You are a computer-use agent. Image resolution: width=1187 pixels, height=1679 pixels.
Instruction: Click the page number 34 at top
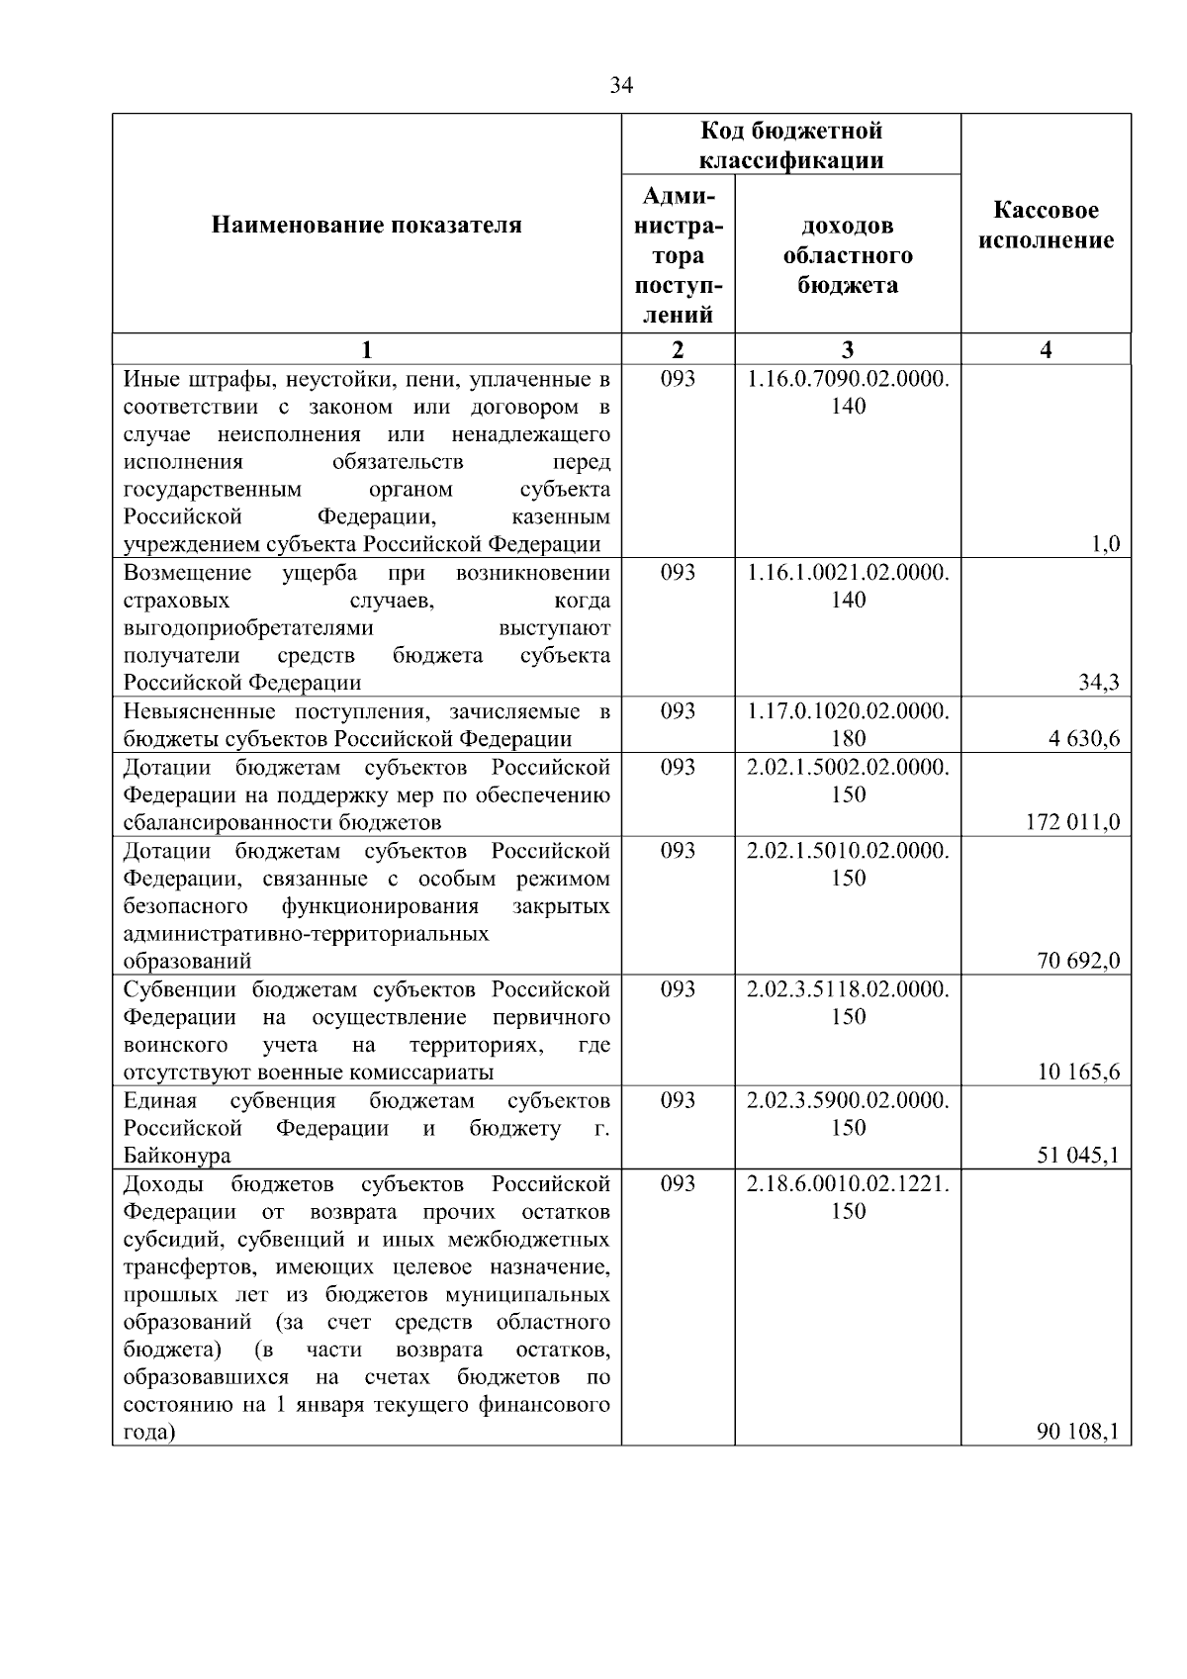pyautogui.click(x=621, y=86)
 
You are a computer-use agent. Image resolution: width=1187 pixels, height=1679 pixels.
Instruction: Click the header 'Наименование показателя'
pyautogui.click(x=366, y=226)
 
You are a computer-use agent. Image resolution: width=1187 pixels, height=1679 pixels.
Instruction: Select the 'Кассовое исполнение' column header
pyautogui.click(x=1046, y=226)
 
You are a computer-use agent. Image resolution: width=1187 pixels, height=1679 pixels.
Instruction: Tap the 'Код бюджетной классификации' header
pyautogui.click(x=791, y=144)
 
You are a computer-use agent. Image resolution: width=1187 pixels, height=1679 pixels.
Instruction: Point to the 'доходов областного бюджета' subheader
pyautogui.click(x=848, y=255)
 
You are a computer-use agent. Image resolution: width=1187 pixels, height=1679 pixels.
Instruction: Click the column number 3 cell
pyautogui.click(x=848, y=349)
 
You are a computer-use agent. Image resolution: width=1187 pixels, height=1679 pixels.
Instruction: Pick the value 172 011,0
pyautogui.click(x=1073, y=822)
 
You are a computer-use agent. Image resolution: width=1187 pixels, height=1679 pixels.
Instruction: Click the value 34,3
pyautogui.click(x=1100, y=683)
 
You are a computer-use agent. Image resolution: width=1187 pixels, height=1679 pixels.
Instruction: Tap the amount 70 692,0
pyautogui.click(x=1079, y=961)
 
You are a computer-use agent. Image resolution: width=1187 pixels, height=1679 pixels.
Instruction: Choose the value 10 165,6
pyautogui.click(x=1079, y=1073)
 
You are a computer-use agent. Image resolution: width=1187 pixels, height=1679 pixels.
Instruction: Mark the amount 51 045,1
pyautogui.click(x=1079, y=1156)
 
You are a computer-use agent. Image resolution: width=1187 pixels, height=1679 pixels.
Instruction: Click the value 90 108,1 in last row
pyautogui.click(x=1079, y=1433)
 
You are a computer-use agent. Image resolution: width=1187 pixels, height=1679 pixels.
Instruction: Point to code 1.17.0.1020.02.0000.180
pyautogui.click(x=848, y=724)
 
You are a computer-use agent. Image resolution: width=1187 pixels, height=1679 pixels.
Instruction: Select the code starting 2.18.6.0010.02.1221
pyautogui.click(x=848, y=1197)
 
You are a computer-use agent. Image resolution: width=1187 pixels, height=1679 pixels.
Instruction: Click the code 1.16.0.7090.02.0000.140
pyautogui.click(x=848, y=392)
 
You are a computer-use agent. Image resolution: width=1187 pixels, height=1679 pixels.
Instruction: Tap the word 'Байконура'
pyautogui.click(x=177, y=1156)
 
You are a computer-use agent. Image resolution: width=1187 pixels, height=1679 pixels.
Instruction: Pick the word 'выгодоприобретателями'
pyautogui.click(x=248, y=628)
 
